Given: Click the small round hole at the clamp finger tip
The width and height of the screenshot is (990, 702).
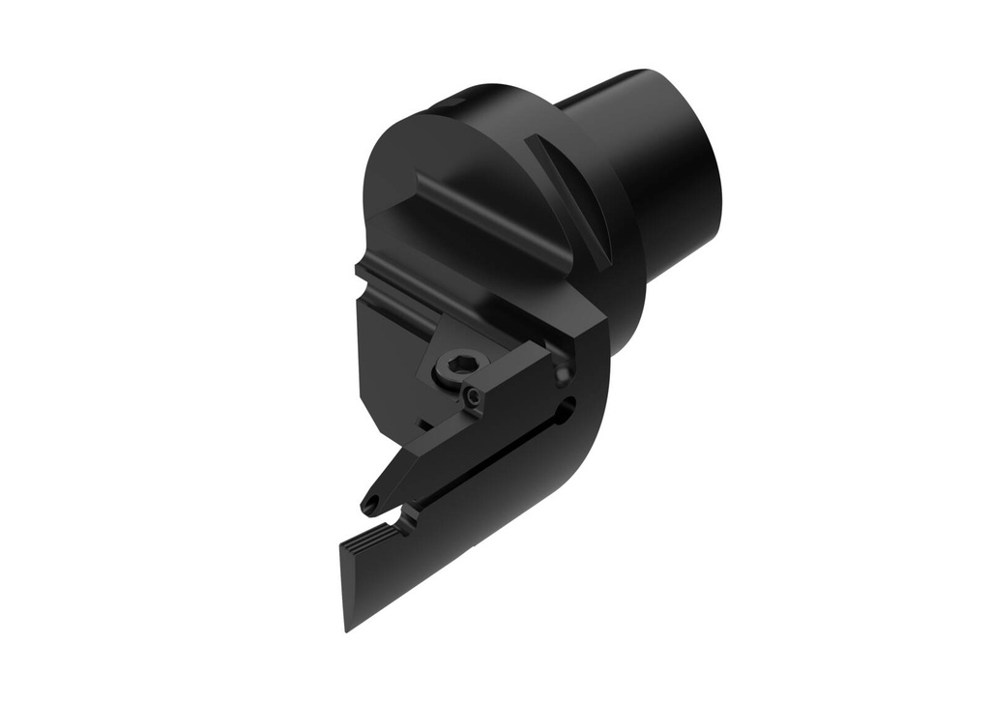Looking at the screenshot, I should pos(368,505).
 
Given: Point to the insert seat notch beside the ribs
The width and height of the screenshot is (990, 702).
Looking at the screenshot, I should pos(410,517).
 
